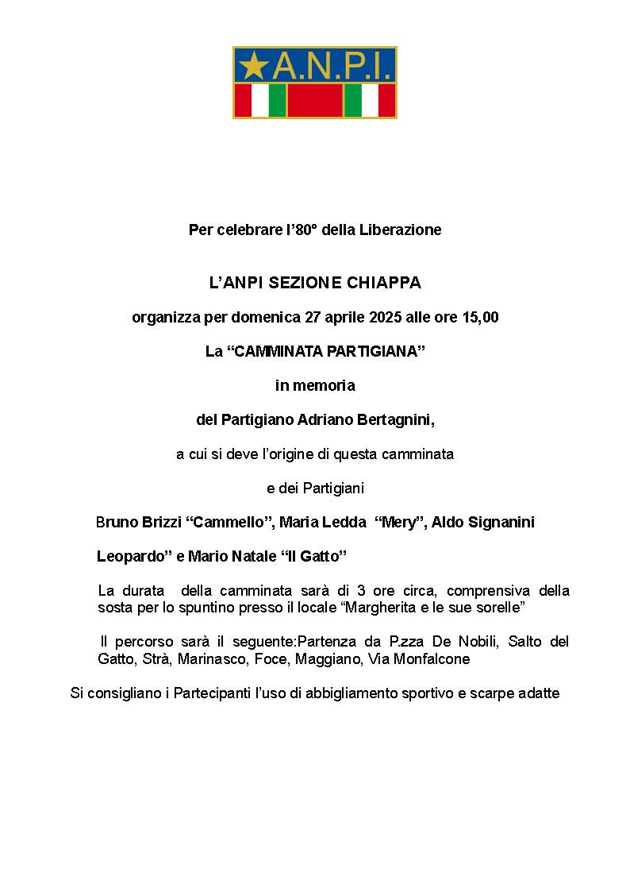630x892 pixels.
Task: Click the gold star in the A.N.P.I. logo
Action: [x=252, y=66]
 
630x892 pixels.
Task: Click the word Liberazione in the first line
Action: [x=400, y=230]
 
